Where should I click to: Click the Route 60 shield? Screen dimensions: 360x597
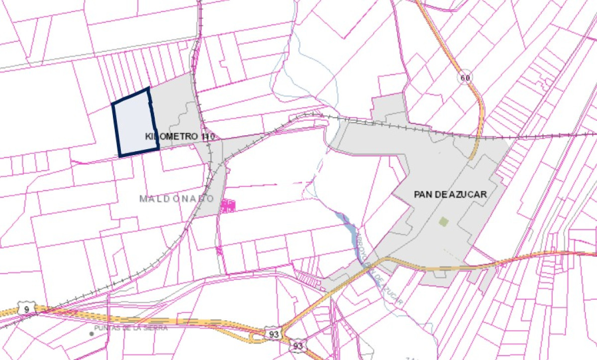465,78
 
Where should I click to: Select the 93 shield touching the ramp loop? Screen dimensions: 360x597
274,334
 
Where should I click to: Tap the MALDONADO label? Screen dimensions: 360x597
177,199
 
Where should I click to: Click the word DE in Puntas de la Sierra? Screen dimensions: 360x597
127,328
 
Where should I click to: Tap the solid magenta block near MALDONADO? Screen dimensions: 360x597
228,206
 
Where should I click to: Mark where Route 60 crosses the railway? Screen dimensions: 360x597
479,135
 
